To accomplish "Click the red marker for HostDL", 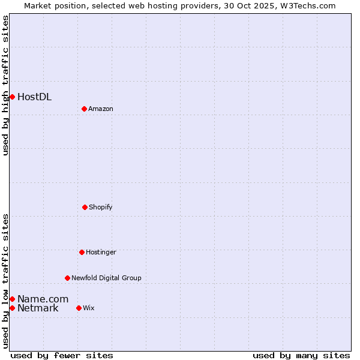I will point(12,97).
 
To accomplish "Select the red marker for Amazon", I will point(84,109).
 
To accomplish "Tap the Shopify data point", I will point(85,207).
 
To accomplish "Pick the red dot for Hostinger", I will point(82,252).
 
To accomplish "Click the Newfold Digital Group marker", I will point(67,278).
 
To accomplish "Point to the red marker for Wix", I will point(79,308).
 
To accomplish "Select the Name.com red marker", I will point(12,299).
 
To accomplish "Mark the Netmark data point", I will point(12,308).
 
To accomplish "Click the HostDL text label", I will point(34,97).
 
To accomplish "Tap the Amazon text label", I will point(101,109).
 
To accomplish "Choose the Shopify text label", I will point(101,207).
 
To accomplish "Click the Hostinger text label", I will point(101,252).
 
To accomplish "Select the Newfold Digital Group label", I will point(106,278).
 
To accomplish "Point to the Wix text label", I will point(89,308).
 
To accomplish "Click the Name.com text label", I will point(43,299).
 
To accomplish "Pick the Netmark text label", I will point(38,308).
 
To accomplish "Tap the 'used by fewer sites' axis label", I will point(62,355).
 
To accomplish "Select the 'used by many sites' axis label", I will point(301,355).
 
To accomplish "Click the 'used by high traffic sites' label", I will point(5,85).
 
